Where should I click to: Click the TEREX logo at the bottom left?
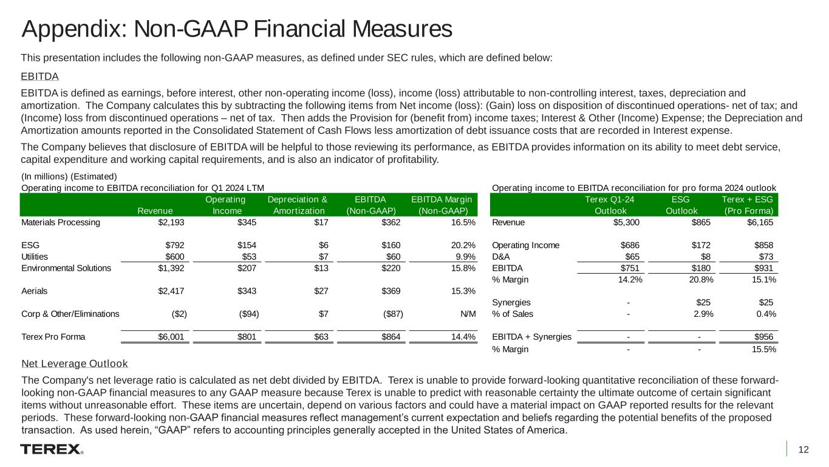[51, 449]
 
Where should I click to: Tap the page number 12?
[803, 450]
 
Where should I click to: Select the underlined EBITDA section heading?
[39, 77]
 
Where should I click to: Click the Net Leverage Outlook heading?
[74, 364]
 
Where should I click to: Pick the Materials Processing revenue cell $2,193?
[172, 222]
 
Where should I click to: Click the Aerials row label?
[34, 291]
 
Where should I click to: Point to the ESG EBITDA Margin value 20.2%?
[460, 245]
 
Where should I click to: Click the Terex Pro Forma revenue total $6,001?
[172, 337]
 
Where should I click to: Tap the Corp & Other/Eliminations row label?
[70, 314]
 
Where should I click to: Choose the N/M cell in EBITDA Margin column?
[467, 314]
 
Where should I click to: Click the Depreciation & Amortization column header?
[297, 205]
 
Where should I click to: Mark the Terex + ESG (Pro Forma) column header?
[748, 205]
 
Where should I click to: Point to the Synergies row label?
[511, 302]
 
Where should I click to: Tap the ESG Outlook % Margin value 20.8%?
[698, 280]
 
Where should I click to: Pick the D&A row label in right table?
[500, 257]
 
